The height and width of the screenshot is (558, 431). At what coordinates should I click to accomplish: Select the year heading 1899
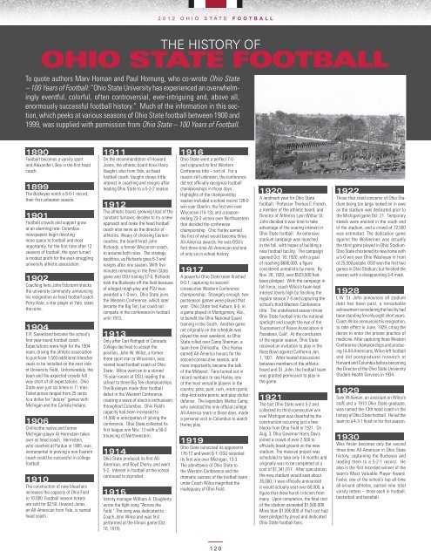tap(17, 187)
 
